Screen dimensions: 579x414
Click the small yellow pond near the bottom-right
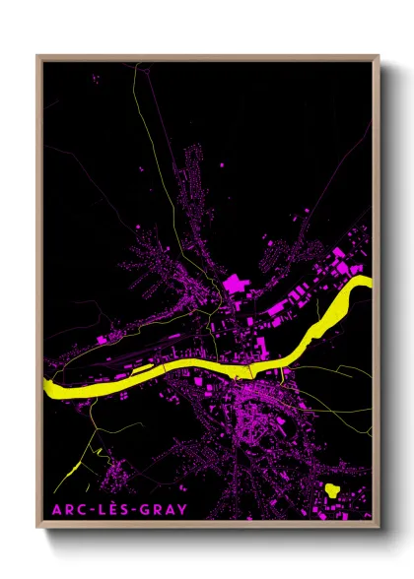(x=332, y=487)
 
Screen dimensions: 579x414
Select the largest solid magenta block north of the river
(x=237, y=285)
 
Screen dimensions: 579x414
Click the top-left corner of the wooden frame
(x=38, y=57)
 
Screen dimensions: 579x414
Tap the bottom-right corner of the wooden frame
(x=378, y=529)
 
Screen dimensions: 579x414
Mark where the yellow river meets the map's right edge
(x=371, y=284)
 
